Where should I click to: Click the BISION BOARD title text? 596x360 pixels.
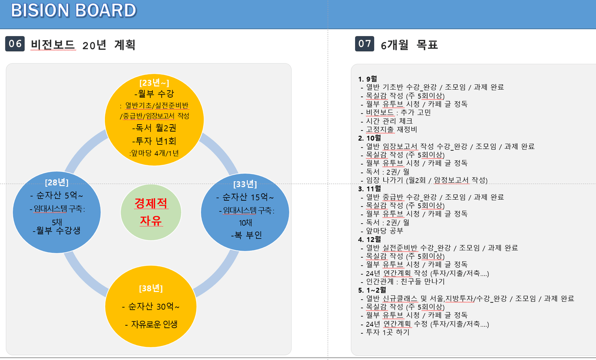coord(73,11)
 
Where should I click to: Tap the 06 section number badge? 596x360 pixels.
coord(15,43)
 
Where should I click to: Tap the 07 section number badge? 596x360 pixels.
coord(365,43)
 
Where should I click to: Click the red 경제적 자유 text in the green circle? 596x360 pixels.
coord(151,212)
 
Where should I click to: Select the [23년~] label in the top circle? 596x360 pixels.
coord(154,83)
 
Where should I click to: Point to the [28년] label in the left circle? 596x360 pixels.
coord(57,182)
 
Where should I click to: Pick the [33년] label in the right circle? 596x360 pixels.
coord(245,184)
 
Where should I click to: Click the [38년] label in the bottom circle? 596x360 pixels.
coord(151,288)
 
